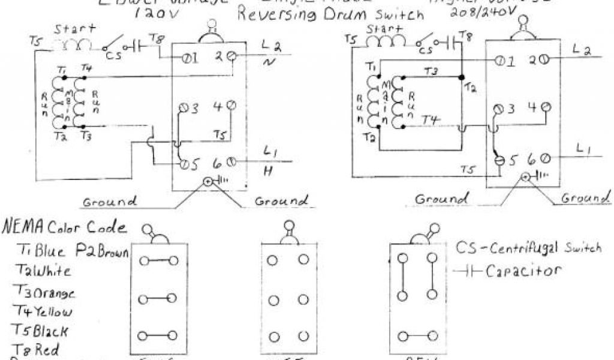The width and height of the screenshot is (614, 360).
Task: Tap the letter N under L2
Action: (x=267, y=62)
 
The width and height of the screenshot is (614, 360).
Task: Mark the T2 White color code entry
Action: (x=44, y=271)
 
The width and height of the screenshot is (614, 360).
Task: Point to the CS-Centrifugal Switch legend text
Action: (x=528, y=248)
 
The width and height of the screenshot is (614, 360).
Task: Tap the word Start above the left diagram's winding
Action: (x=71, y=29)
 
